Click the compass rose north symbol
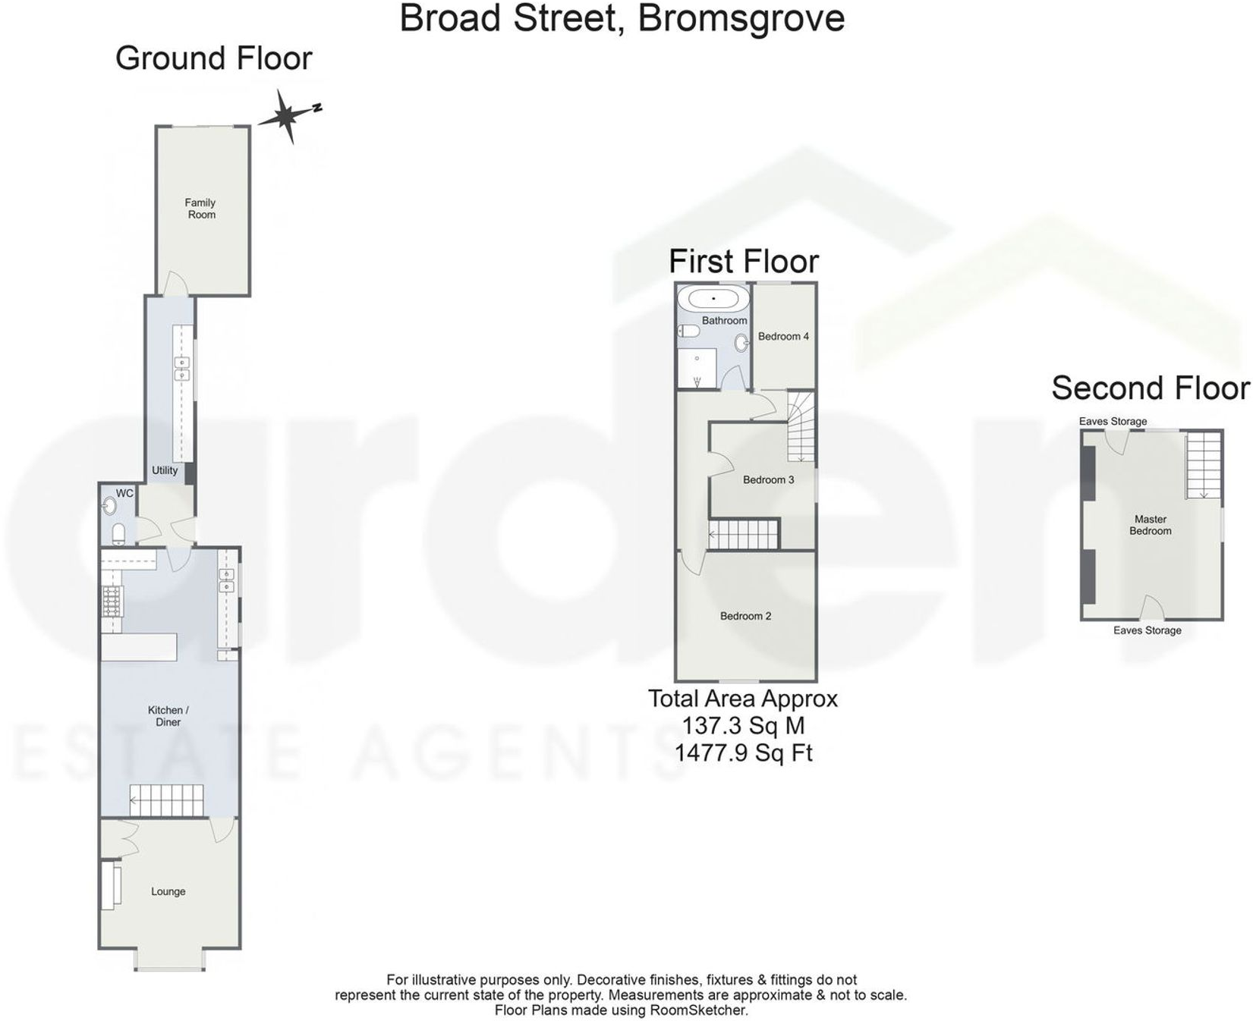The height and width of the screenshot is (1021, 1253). (287, 116)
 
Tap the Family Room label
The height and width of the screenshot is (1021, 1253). (200, 209)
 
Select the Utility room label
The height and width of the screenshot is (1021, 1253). (165, 470)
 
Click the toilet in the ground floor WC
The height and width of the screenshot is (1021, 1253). (118, 534)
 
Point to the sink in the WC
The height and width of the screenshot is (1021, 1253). (110, 505)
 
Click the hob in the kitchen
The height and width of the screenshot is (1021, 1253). (112, 601)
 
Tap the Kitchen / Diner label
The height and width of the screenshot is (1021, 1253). (168, 716)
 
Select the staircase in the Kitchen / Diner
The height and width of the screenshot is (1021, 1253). (167, 800)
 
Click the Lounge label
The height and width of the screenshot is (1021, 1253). (168, 891)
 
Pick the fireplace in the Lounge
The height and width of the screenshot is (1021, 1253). (111, 884)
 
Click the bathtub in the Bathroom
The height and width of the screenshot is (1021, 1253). (713, 299)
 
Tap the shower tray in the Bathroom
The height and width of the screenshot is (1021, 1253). (697, 368)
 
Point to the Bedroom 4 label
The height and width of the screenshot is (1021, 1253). (783, 336)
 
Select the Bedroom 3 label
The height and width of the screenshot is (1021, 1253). (768, 479)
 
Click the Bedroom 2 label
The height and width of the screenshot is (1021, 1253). (745, 616)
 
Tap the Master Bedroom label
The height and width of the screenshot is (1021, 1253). (1150, 525)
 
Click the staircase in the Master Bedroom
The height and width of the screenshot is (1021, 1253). (1203, 464)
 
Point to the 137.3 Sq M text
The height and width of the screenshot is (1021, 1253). (743, 726)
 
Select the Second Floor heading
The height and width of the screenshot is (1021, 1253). (1150, 388)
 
